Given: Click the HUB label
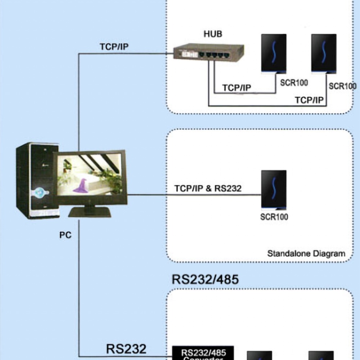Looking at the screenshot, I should click(213, 34).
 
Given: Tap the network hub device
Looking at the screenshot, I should click(209, 53).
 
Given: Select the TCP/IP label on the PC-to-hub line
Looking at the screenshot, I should click(114, 47).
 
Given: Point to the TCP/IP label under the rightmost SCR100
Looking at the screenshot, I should click(309, 100).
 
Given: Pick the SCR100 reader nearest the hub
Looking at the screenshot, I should click(274, 54).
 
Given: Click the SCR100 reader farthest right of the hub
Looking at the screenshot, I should click(324, 54).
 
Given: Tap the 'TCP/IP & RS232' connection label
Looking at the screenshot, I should click(208, 188).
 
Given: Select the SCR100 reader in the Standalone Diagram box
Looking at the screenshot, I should click(274, 190).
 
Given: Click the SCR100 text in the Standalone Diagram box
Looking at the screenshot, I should click(274, 217).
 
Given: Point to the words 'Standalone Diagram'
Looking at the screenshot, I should click(306, 253).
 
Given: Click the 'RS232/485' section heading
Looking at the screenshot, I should click(205, 279).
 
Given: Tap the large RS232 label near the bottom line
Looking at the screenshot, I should click(126, 348).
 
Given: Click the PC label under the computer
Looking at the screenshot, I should click(65, 235).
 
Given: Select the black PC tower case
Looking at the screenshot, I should click(36, 180).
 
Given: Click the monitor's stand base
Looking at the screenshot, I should click(90, 212).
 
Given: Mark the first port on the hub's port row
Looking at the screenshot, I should click(202, 55).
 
